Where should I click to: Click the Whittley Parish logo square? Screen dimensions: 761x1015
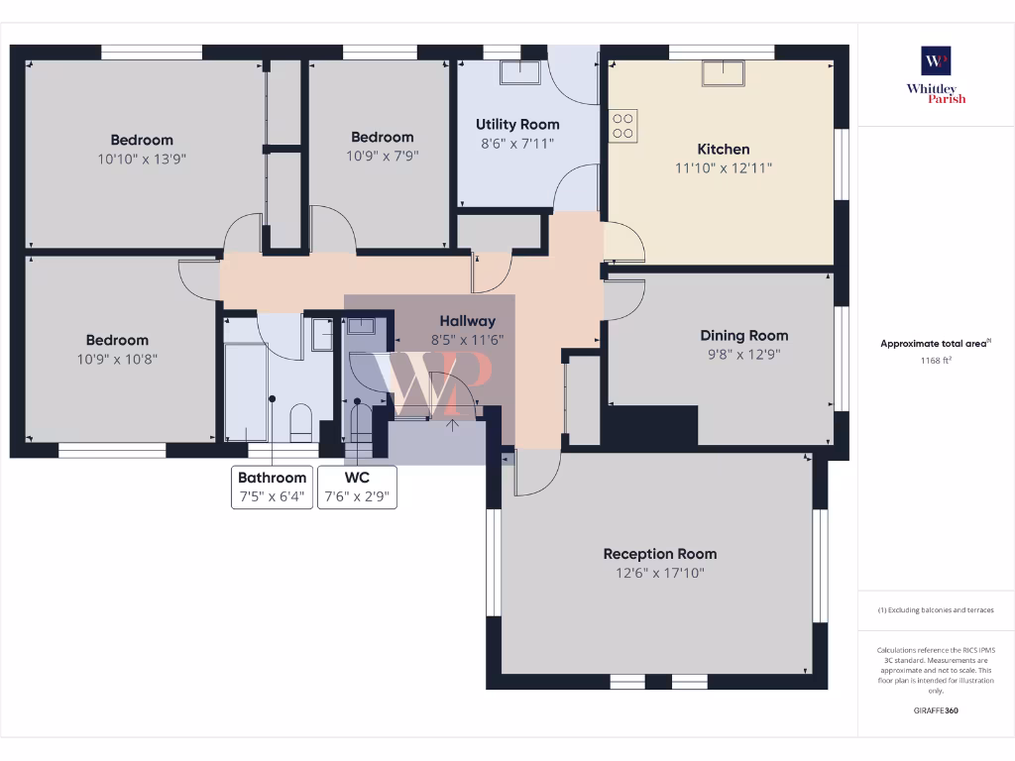pos(936,60)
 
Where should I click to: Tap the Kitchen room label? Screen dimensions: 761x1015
pos(724,150)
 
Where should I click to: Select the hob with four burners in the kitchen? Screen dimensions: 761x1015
pos(623,125)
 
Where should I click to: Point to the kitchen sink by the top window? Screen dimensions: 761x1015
pos(724,72)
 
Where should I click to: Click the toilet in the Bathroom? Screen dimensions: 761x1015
pos(301,423)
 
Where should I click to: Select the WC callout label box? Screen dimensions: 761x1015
pos(357,487)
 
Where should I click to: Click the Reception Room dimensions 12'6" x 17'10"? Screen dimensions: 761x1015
pos(660,573)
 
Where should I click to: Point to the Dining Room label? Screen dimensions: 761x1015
pos(743,336)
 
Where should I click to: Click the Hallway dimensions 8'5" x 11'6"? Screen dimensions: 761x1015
pos(468,339)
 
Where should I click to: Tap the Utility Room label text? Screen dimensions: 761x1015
pos(517,125)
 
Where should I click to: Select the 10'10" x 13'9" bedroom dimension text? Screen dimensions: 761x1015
pos(142,159)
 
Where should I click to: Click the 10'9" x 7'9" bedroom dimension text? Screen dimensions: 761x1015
pos(382,156)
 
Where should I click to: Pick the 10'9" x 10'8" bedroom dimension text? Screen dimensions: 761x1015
pos(116,359)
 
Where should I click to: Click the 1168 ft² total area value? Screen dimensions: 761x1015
pos(937,361)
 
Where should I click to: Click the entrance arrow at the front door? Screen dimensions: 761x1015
pos(454,426)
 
